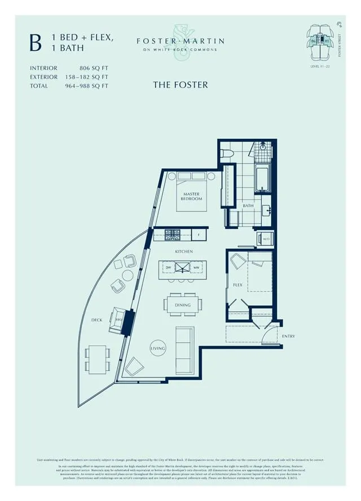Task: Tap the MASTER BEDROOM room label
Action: pyautogui.click(x=192, y=196)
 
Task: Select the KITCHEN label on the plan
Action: pyautogui.click(x=184, y=251)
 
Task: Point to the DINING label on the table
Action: pyautogui.click(x=182, y=305)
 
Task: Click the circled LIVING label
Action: pyautogui.click(x=158, y=349)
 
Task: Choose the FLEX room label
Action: pyautogui.click(x=237, y=285)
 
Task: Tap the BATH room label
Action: pyautogui.click(x=248, y=206)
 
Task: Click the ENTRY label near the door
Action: pyautogui.click(x=288, y=336)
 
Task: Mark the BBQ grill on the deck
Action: pyautogui.click(x=119, y=319)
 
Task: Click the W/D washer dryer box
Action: pyautogui.click(x=266, y=239)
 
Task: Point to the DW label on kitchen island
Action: pyautogui.click(x=168, y=267)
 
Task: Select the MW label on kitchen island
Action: pyautogui.click(x=196, y=267)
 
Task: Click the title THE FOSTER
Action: pyautogui.click(x=180, y=85)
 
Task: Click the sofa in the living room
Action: pyautogui.click(x=185, y=349)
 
